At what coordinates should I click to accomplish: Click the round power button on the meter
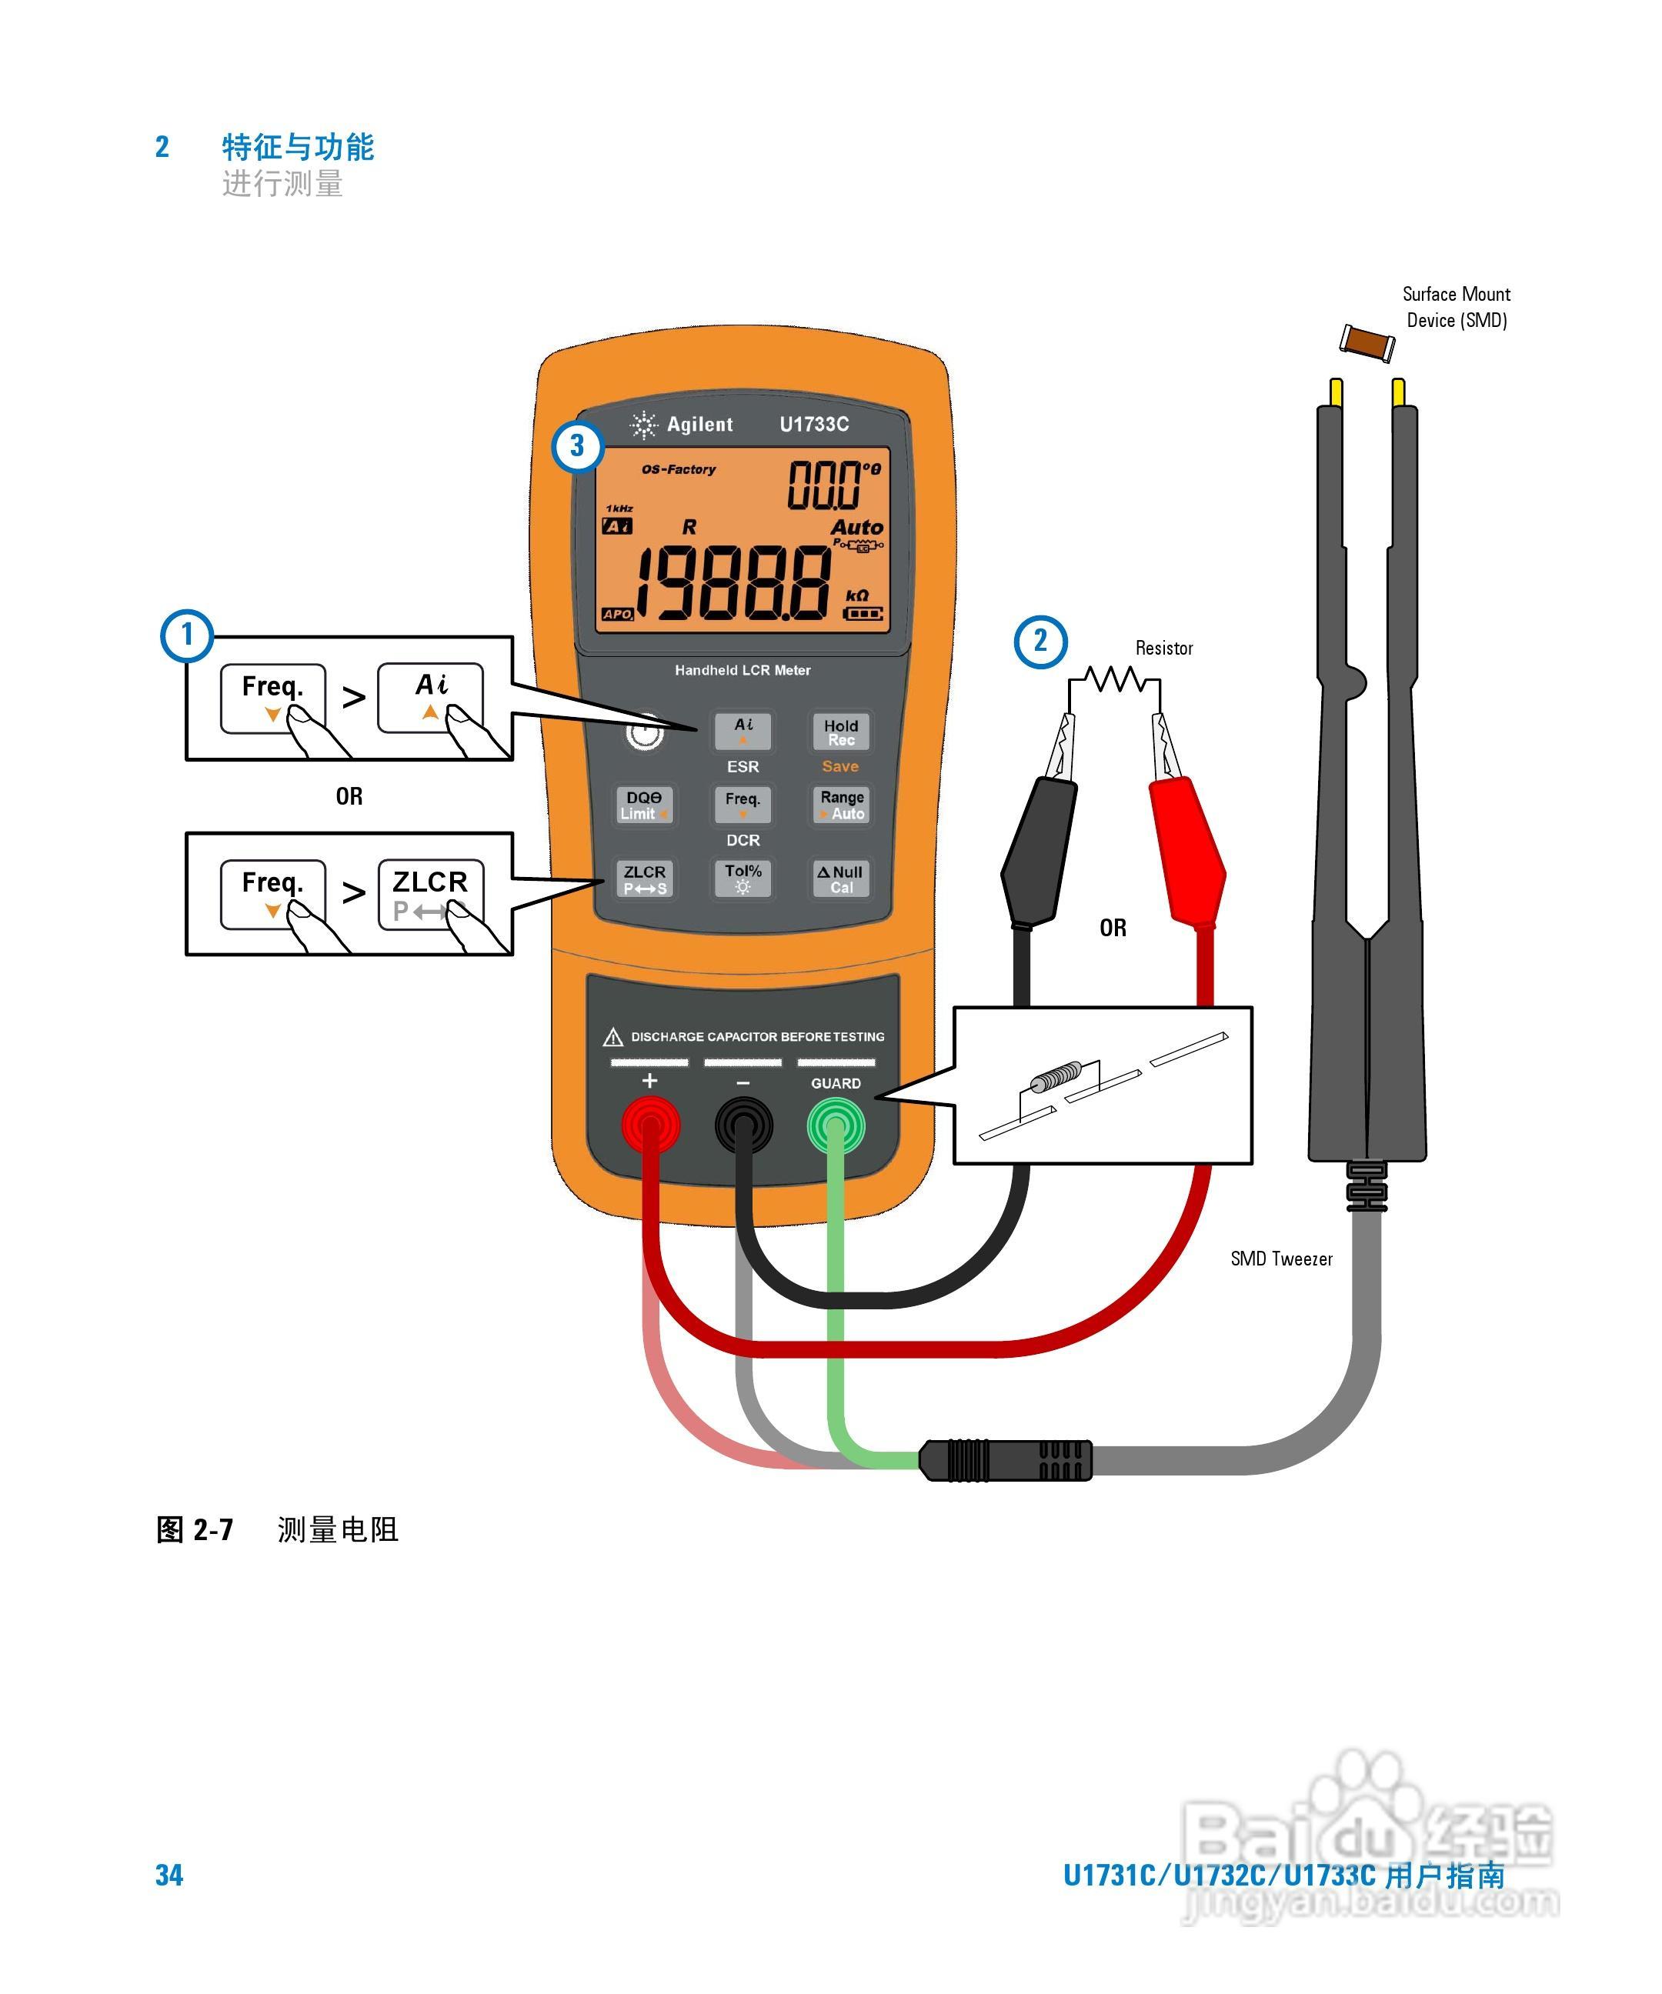[x=645, y=732]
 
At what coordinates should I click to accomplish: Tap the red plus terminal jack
[x=650, y=1125]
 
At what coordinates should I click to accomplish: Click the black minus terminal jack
[x=743, y=1126]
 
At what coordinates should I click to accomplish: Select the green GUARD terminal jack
[x=836, y=1126]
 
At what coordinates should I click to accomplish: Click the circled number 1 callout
[x=187, y=635]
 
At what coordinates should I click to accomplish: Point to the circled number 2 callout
[x=1041, y=642]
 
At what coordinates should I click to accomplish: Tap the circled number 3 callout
[x=577, y=445]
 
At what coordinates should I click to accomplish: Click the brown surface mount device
[x=1367, y=341]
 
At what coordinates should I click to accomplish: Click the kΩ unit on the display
[x=856, y=595]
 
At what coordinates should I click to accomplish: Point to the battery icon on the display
[x=863, y=613]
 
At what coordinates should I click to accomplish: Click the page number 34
[x=169, y=1876]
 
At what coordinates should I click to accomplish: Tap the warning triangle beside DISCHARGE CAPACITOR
[x=613, y=1036]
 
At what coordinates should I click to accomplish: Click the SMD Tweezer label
[x=1281, y=1259]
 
